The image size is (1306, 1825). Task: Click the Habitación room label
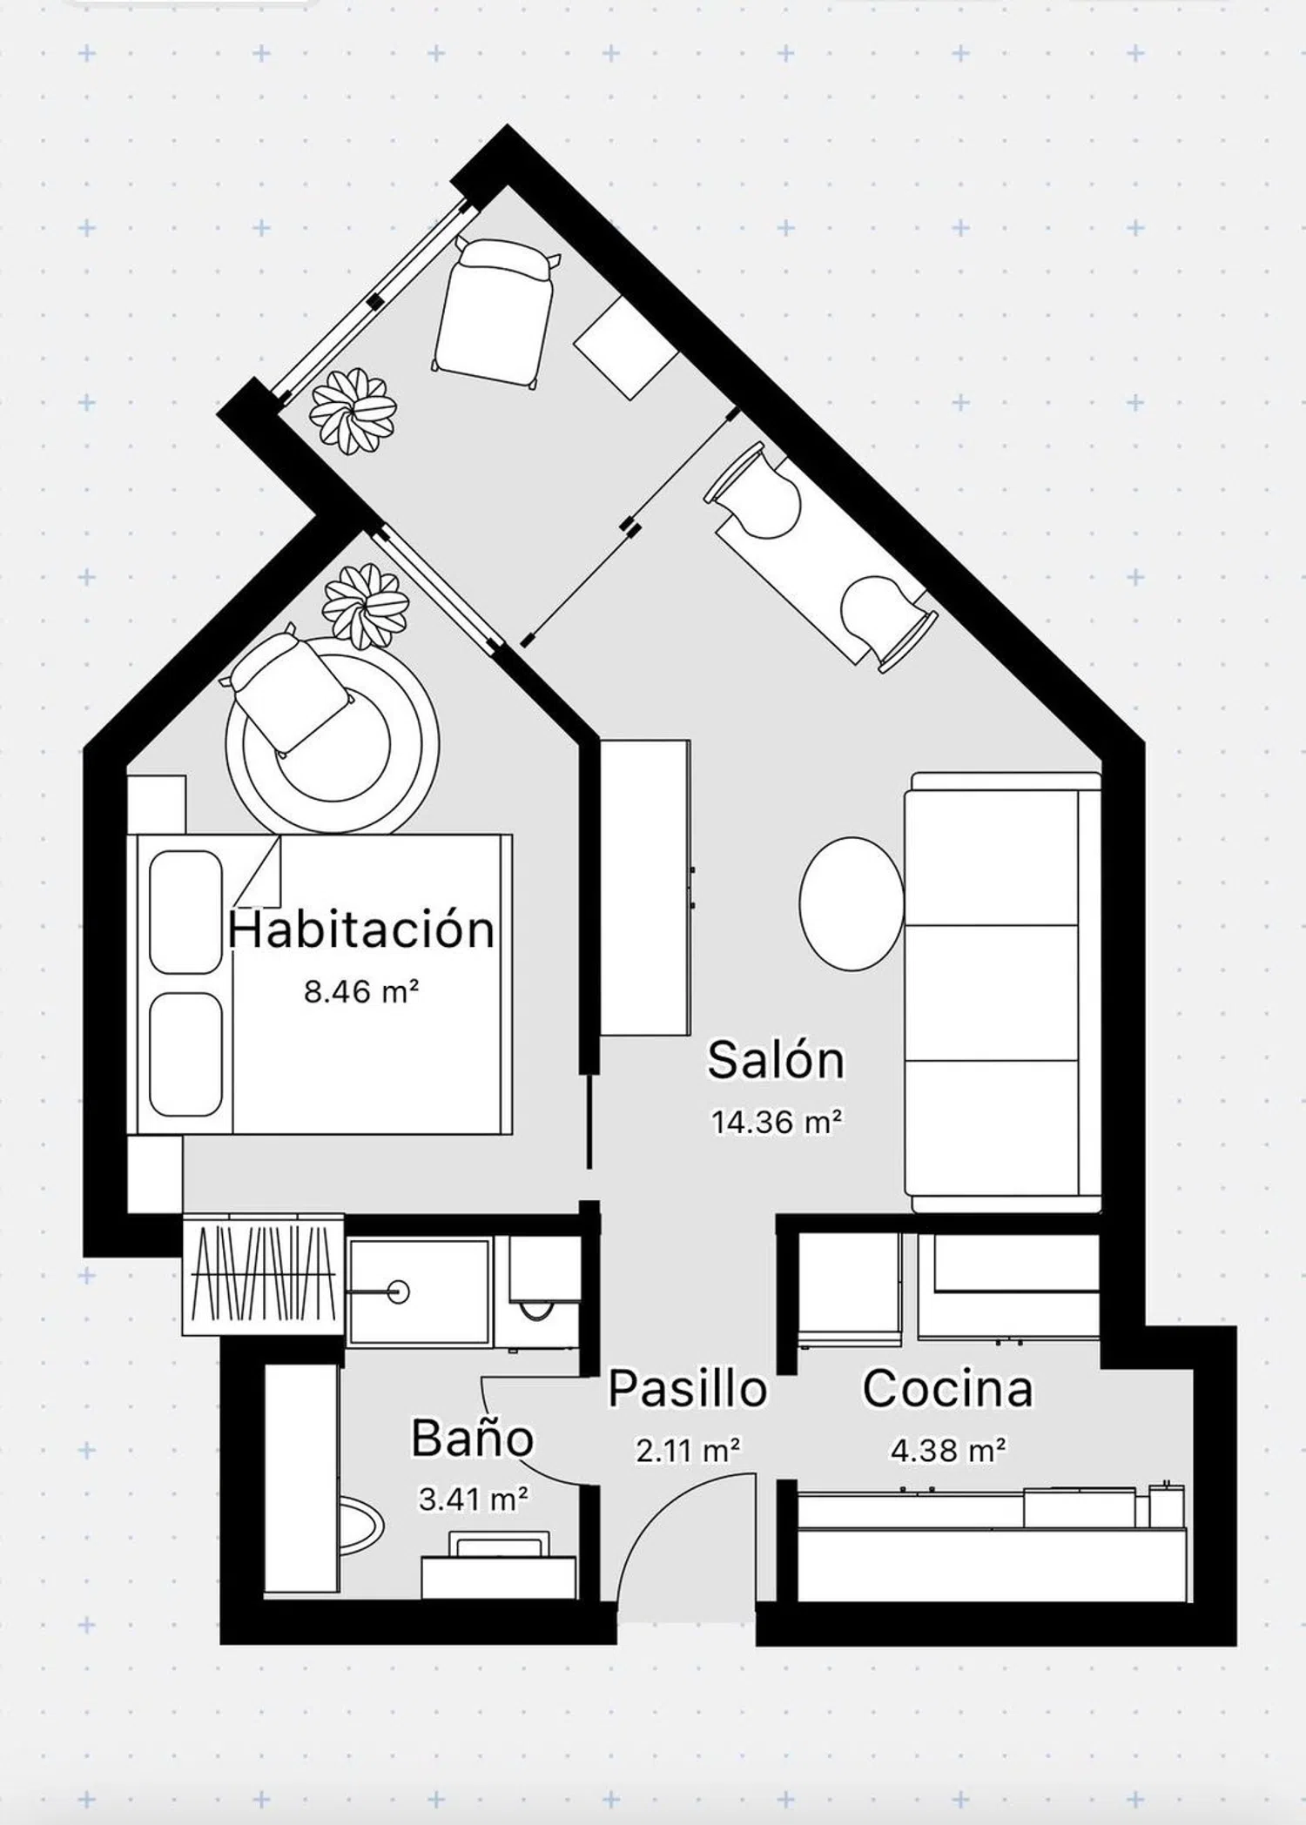(x=361, y=929)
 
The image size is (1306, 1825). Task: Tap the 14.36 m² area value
(x=777, y=1122)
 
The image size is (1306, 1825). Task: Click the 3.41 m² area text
(x=474, y=1499)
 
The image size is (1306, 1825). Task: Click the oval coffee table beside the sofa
(x=852, y=903)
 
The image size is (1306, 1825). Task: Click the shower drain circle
(x=400, y=1292)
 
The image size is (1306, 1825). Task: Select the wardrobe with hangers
(x=264, y=1274)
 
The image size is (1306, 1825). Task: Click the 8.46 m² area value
(x=361, y=991)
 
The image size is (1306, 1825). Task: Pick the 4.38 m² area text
(x=948, y=1450)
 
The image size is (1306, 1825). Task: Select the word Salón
(x=776, y=1060)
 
